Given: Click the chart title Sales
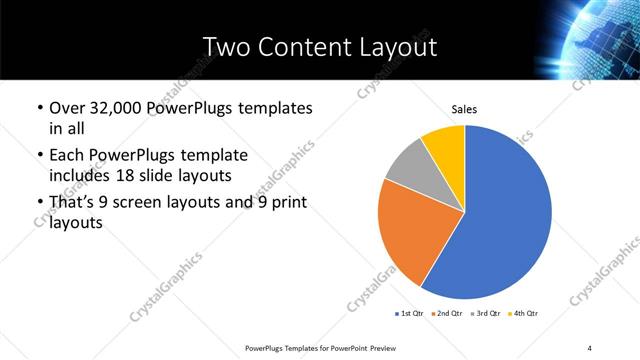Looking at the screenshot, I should tap(464, 108).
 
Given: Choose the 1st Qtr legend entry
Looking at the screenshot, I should tap(411, 313).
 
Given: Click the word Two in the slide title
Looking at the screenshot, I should tap(225, 46).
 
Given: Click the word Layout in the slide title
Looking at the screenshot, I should tap(398, 46).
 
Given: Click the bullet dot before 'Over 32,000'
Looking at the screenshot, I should tap(38, 108).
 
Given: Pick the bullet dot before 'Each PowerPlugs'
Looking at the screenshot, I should tap(38, 156).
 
